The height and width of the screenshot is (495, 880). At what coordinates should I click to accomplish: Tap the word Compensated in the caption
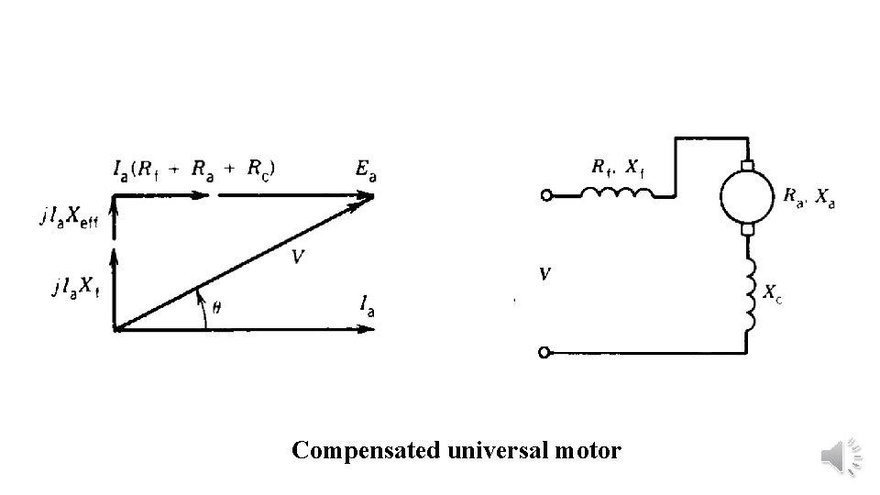click(368, 451)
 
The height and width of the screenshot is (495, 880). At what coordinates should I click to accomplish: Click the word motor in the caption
click(588, 451)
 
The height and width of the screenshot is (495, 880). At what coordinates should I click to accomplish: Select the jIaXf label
click(75, 287)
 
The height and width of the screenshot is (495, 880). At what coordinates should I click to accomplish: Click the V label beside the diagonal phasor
click(298, 258)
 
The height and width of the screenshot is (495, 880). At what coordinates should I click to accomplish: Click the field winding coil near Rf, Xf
click(619, 192)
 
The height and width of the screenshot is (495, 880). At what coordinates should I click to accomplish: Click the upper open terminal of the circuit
click(548, 195)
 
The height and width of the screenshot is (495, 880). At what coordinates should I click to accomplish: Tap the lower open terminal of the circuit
click(548, 352)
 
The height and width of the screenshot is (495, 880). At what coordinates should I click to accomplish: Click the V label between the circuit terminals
click(544, 273)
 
